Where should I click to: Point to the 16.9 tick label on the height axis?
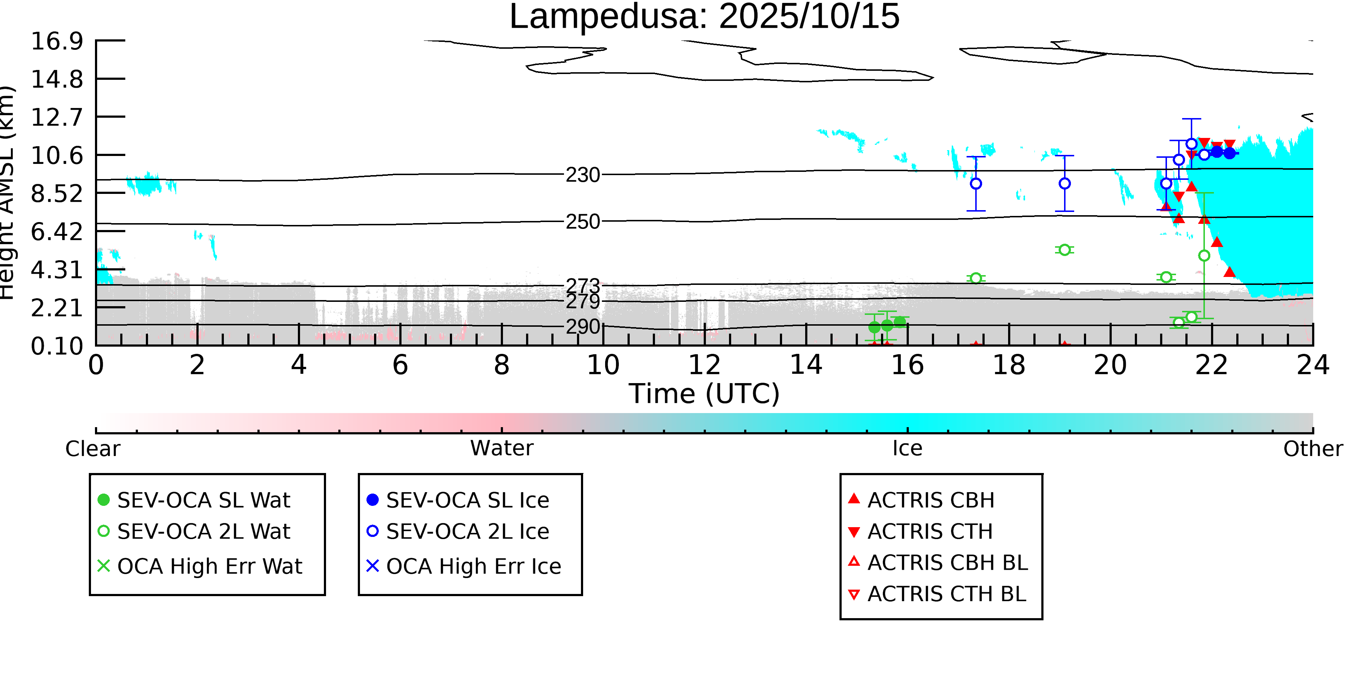[57, 41]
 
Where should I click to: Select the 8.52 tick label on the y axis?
[57, 194]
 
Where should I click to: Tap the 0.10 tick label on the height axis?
[57, 346]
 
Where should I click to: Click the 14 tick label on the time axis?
[806, 365]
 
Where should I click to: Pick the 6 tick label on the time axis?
[400, 365]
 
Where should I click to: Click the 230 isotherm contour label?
[582, 175]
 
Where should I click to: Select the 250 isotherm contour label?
[582, 222]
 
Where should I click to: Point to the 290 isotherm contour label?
[582, 327]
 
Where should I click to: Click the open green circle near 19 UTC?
[1064, 249]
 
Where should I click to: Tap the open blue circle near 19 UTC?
[1064, 183]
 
